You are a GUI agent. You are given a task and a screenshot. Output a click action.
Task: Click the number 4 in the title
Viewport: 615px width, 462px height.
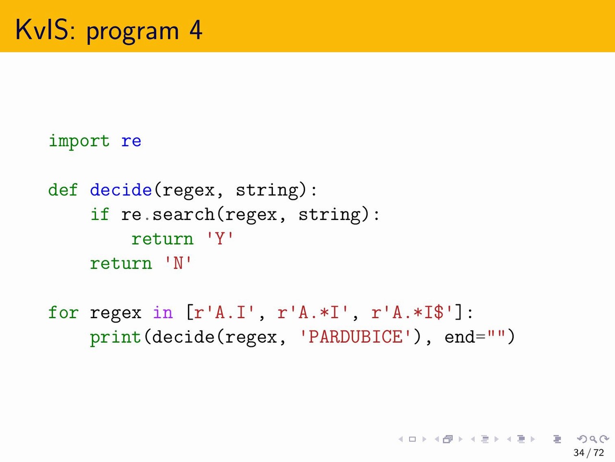[196, 30]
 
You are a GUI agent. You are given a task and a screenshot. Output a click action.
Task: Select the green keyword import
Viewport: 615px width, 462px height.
[79, 141]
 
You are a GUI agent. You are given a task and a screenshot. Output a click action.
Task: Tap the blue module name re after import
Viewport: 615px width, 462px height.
[131, 141]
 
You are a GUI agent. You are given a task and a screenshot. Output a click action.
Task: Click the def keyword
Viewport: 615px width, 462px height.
[63, 190]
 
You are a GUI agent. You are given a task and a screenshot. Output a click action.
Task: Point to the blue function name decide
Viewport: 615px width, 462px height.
[121, 190]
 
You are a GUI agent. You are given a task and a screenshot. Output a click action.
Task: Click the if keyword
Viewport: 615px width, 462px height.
[99, 214]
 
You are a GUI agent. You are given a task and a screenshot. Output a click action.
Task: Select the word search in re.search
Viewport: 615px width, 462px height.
[184, 214]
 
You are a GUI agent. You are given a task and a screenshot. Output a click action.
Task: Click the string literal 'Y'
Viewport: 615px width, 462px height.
[220, 239]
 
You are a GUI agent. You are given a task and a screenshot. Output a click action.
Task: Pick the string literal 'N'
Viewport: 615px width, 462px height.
[178, 263]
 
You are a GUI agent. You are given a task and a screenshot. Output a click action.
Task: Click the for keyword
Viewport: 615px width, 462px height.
[63, 312]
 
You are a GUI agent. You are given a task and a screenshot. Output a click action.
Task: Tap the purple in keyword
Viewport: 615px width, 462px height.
[163, 312]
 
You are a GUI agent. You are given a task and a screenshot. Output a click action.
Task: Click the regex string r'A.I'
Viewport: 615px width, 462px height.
[224, 312]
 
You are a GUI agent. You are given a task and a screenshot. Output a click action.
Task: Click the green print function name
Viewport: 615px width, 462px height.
[115, 337]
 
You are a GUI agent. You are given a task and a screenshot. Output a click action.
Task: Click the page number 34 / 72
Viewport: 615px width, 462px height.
[589, 452]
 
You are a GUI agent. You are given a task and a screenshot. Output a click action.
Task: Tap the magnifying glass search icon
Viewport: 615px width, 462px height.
[593, 439]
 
